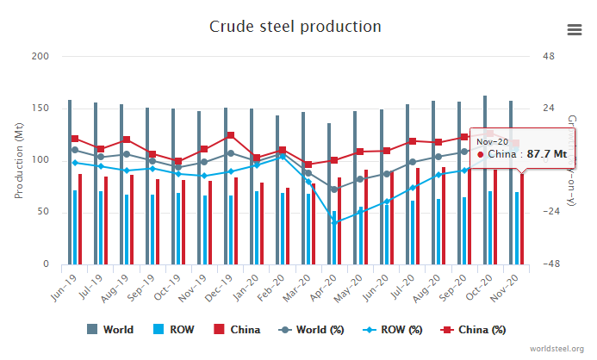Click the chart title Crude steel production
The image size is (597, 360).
click(295, 26)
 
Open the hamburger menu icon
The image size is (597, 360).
click(575, 29)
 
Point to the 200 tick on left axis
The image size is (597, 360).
click(40, 57)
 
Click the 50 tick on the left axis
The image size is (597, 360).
click(43, 212)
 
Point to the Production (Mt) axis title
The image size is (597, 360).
click(18, 160)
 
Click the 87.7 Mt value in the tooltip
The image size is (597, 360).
click(548, 154)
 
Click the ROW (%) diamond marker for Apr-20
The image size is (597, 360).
click(334, 222)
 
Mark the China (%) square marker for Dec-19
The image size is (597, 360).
click(230, 135)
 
